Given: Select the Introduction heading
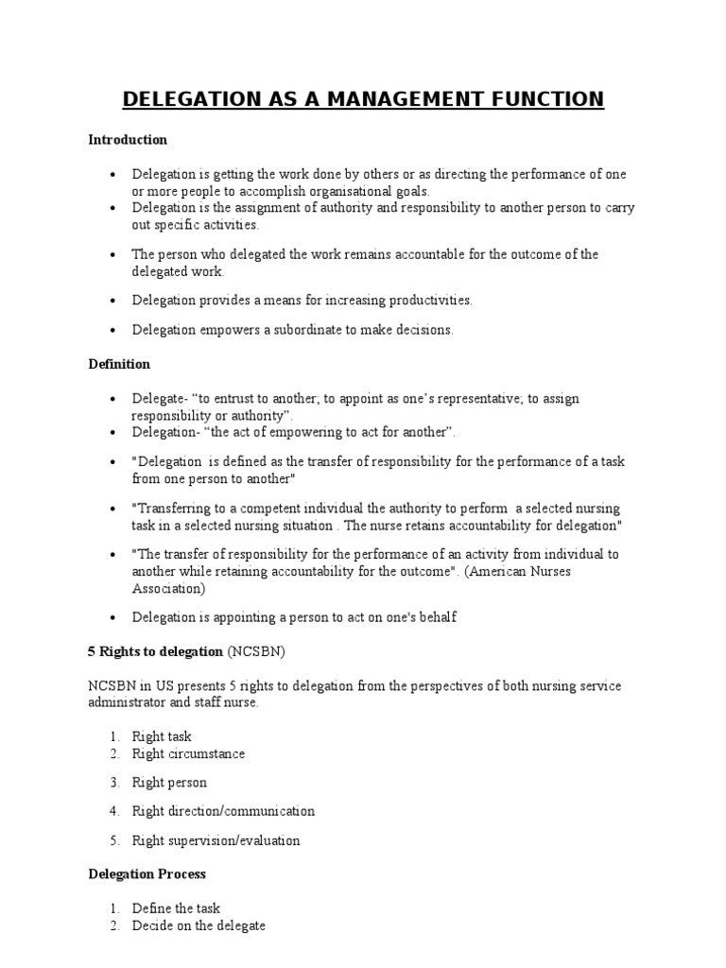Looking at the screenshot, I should click(x=128, y=140).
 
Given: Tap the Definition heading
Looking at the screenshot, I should click(x=119, y=364).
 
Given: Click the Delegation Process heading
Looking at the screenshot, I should click(x=147, y=874).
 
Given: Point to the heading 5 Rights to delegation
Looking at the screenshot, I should click(x=156, y=652).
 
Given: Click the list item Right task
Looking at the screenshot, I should click(x=162, y=736).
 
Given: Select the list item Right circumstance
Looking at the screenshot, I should click(x=188, y=754).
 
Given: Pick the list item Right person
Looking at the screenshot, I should click(x=169, y=783).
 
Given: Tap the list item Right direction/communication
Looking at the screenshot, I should click(x=223, y=811).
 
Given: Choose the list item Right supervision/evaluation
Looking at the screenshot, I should click(x=216, y=840).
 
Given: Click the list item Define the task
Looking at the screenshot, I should click(x=176, y=908).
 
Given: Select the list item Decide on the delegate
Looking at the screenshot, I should click(x=199, y=926).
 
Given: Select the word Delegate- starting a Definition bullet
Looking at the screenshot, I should click(x=160, y=399).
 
